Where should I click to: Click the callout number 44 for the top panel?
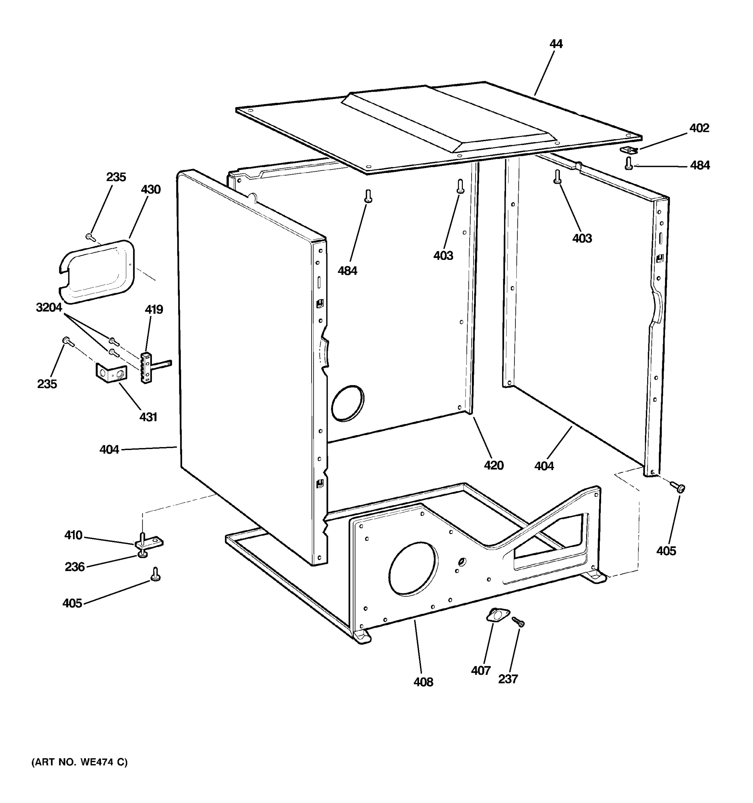(556, 43)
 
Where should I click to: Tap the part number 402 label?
(699, 128)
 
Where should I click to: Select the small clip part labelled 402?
(628, 150)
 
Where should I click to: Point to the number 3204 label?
(49, 308)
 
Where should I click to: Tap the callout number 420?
(494, 465)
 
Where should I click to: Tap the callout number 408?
(423, 682)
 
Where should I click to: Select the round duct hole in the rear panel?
(347, 404)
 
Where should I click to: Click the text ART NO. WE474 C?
(80, 762)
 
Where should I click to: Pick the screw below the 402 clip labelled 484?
(629, 164)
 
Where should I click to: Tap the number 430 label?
(151, 189)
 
